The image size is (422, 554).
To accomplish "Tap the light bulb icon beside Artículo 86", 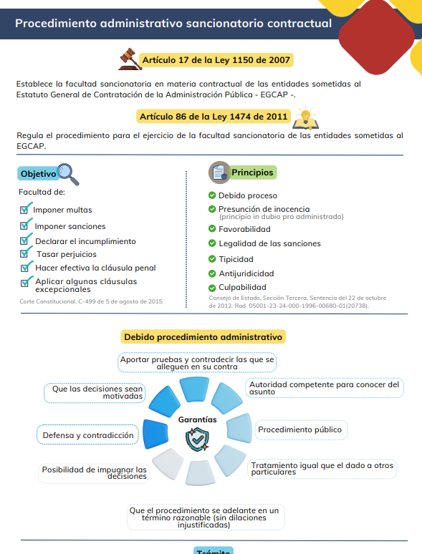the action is (x=305, y=115).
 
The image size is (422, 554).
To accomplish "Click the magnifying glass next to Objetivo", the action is (x=69, y=172).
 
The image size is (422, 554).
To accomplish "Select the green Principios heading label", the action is (x=252, y=172).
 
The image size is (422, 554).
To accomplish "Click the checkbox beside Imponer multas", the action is (x=25, y=209).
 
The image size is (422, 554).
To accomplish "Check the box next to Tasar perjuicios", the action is (x=25, y=253).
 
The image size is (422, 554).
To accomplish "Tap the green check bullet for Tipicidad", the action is (x=212, y=259).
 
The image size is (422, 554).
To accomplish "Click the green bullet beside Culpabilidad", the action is (x=212, y=288).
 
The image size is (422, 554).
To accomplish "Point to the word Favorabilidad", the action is (x=244, y=229).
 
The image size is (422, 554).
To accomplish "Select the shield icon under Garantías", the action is (x=197, y=439).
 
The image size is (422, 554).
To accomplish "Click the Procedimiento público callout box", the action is (x=302, y=429).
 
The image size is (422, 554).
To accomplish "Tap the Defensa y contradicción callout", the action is (x=87, y=435).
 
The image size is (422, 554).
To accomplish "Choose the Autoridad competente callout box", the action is (x=324, y=388).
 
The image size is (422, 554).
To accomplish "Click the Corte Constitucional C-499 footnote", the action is (x=91, y=301).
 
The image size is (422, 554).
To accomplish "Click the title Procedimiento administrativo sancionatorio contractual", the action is (x=173, y=24).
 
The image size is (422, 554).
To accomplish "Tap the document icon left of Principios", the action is (x=219, y=172).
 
